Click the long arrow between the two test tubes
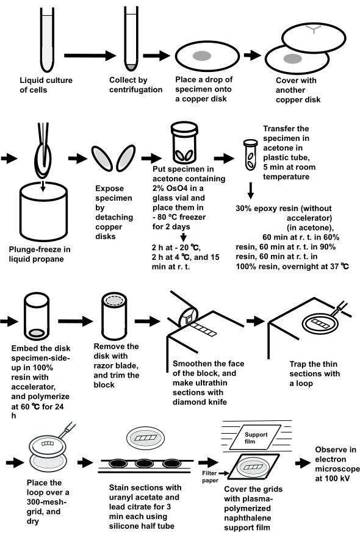click(90, 56)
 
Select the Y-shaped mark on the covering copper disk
click(314, 29)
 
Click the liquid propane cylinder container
click(43, 210)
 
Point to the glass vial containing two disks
click(185, 143)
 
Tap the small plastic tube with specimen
click(250, 155)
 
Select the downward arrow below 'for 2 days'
click(184, 237)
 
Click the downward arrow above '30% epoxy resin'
click(251, 191)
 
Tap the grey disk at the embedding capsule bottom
click(37, 332)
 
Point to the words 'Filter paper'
click(210, 476)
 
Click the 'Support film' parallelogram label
click(256, 437)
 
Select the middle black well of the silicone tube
click(144, 464)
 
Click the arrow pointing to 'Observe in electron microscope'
click(303, 463)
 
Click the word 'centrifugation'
click(136, 90)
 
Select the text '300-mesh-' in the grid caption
click(46, 503)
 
